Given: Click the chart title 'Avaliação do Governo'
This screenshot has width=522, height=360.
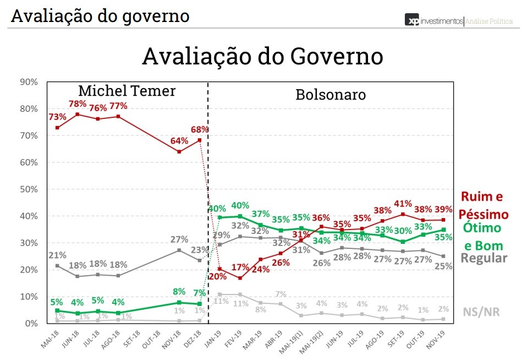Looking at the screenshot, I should pos(262,57).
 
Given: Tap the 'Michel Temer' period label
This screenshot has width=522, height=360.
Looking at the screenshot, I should pos(127,91).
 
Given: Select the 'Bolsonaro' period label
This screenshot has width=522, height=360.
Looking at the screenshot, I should pos(331,94).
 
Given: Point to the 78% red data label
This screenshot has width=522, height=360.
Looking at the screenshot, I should pos(77,104).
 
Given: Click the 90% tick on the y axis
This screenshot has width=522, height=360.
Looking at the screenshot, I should pos(28,82).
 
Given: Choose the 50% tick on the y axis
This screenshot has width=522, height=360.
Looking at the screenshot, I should pos(28,189).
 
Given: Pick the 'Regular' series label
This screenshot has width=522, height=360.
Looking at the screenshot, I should pos(483,258).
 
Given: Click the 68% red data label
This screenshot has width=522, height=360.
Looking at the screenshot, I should pos(199,129).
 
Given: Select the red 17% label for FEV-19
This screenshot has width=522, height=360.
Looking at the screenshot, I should pos(240,268).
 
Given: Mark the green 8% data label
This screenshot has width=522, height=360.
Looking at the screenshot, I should pos(179,292).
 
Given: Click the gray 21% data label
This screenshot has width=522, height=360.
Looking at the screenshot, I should pos(57,255).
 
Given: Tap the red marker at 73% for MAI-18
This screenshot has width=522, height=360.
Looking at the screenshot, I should pos(58,128).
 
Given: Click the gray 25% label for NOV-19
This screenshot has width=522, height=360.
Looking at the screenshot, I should pos(443,266).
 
